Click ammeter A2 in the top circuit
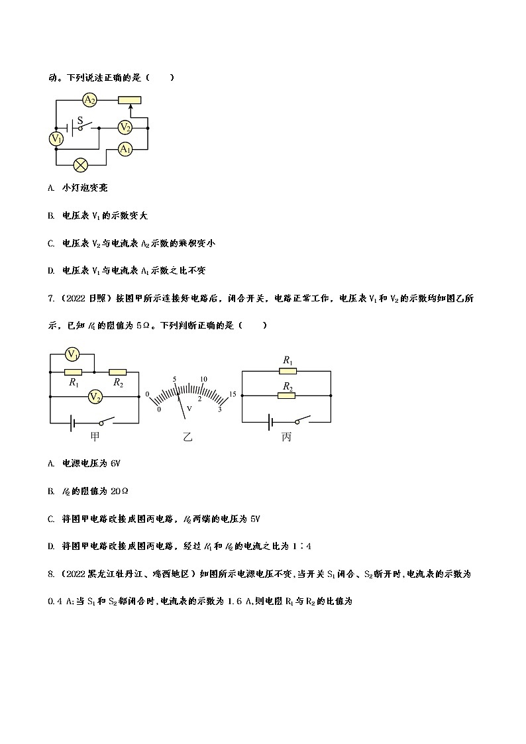(x=90, y=100)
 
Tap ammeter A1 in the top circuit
(x=125, y=150)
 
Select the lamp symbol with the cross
(x=81, y=163)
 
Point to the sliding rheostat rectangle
(x=129, y=100)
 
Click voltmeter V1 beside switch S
(x=56, y=138)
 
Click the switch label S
(x=81, y=121)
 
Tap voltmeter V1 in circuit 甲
(x=73, y=355)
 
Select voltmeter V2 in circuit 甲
(x=95, y=397)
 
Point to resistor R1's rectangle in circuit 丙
(x=288, y=372)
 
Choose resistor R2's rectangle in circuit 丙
(x=288, y=396)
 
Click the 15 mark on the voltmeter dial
(x=232, y=395)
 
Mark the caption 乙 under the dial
(x=187, y=437)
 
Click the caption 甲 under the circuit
(x=95, y=437)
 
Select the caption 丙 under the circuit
(x=286, y=437)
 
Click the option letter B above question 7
(x=51, y=216)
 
